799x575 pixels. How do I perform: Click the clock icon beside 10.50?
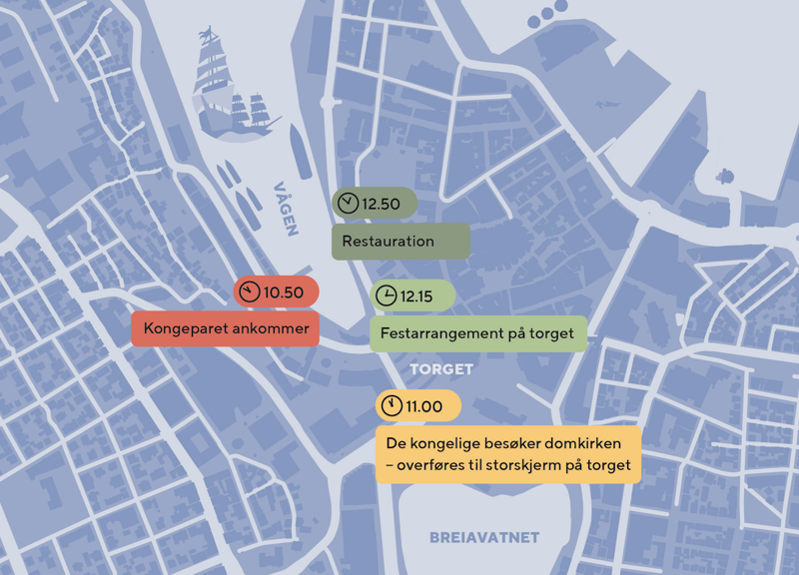249,292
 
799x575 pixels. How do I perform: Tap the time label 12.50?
381,204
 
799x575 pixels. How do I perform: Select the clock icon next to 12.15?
386,295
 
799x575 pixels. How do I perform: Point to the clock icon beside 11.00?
392,406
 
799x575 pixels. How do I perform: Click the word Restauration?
388,242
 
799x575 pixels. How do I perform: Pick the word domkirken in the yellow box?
585,442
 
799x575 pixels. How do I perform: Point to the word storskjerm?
529,465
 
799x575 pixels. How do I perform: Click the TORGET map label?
440,369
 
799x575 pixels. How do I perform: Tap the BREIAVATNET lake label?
484,538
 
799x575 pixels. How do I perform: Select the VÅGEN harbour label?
287,209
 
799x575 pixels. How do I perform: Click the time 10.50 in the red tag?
283,292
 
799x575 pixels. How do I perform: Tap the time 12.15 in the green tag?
416,295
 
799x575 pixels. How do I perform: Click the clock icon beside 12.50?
347,204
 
